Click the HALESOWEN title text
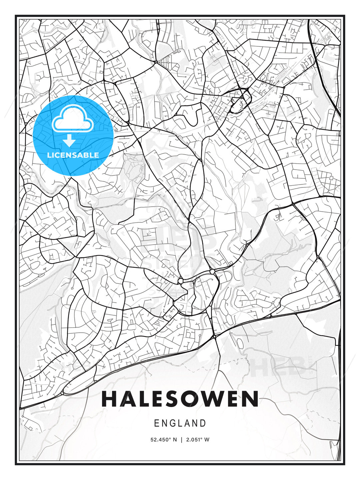180,399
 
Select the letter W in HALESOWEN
228,399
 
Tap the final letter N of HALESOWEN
250,399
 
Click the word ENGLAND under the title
180,423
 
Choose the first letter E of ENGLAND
157,423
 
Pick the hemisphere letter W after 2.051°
207,440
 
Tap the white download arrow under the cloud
69,141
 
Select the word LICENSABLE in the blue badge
73,155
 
